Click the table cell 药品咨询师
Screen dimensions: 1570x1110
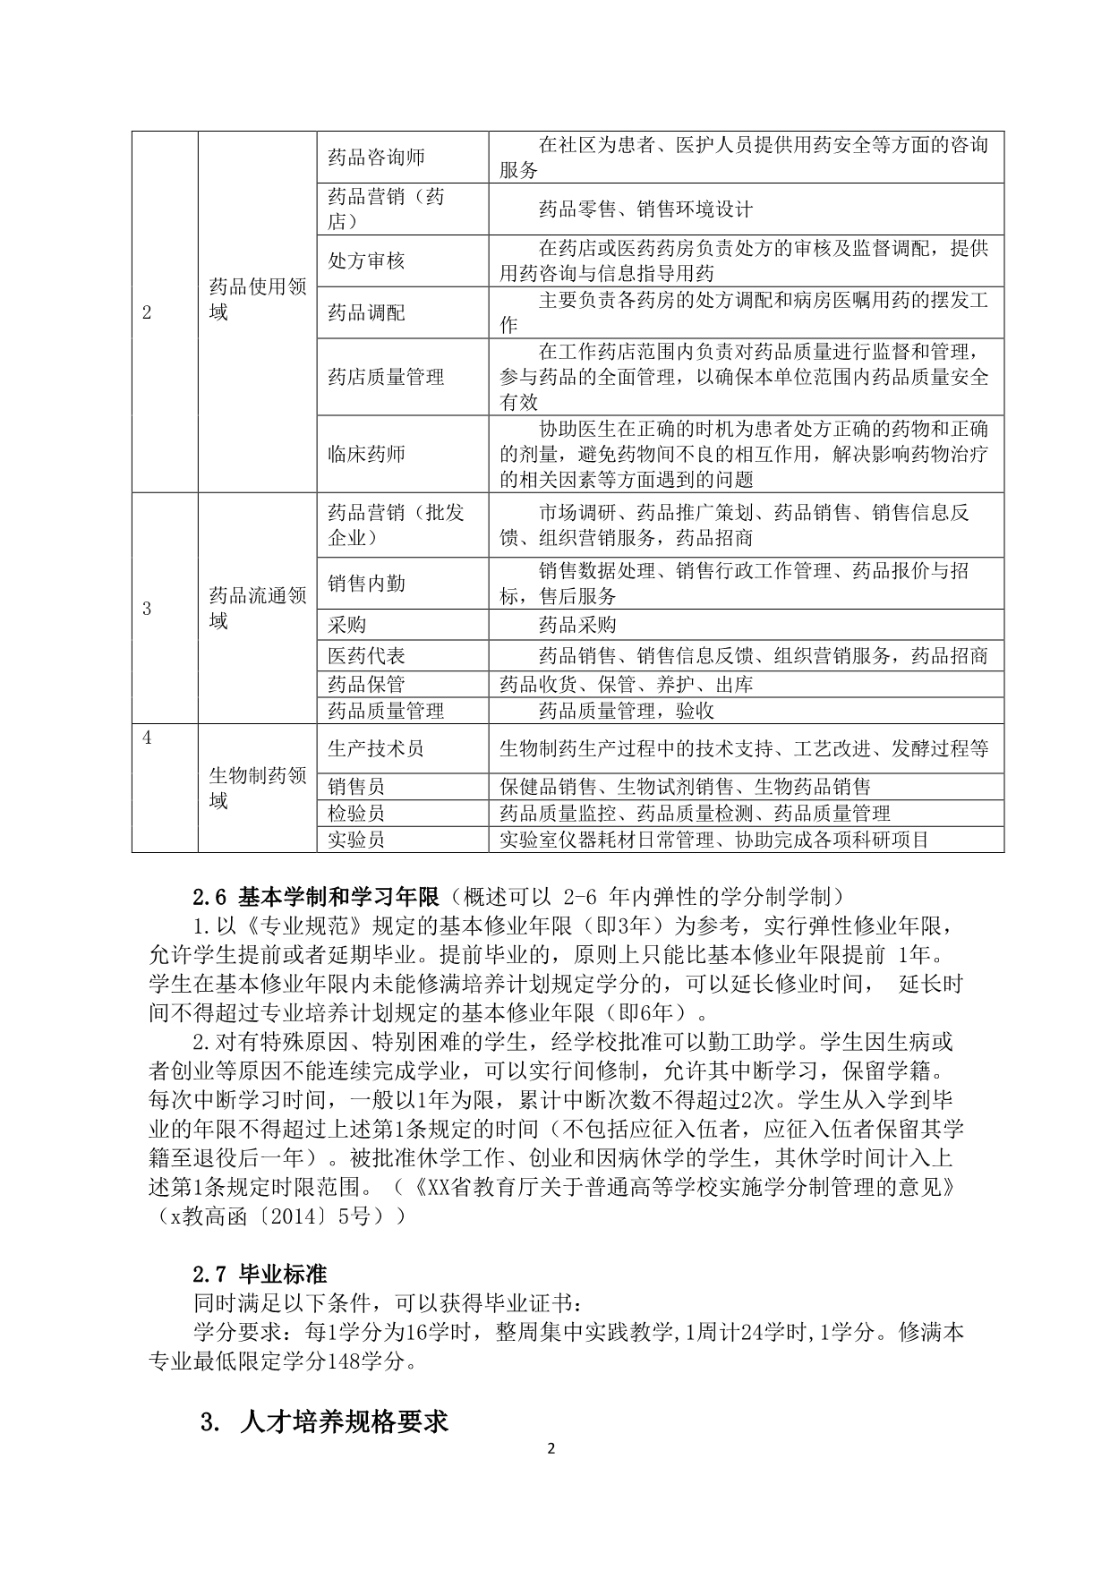376,158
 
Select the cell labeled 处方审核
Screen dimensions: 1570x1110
366,260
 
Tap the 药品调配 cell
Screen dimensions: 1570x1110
366,312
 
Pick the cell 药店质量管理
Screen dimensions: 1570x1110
386,377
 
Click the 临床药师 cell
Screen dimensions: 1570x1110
366,454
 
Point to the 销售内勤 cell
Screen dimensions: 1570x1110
366,584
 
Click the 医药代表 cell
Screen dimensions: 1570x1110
366,656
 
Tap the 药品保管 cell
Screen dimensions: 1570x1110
366,684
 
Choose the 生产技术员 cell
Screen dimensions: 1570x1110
376,748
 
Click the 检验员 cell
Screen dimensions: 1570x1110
356,814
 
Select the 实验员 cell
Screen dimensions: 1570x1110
356,840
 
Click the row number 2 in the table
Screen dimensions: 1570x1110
148,312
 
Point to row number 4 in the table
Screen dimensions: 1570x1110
148,738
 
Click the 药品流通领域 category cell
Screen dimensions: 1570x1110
257,608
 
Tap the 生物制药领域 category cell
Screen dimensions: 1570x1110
257,788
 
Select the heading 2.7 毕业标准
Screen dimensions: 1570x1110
260,1273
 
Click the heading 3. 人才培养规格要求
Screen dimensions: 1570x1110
326,1422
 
